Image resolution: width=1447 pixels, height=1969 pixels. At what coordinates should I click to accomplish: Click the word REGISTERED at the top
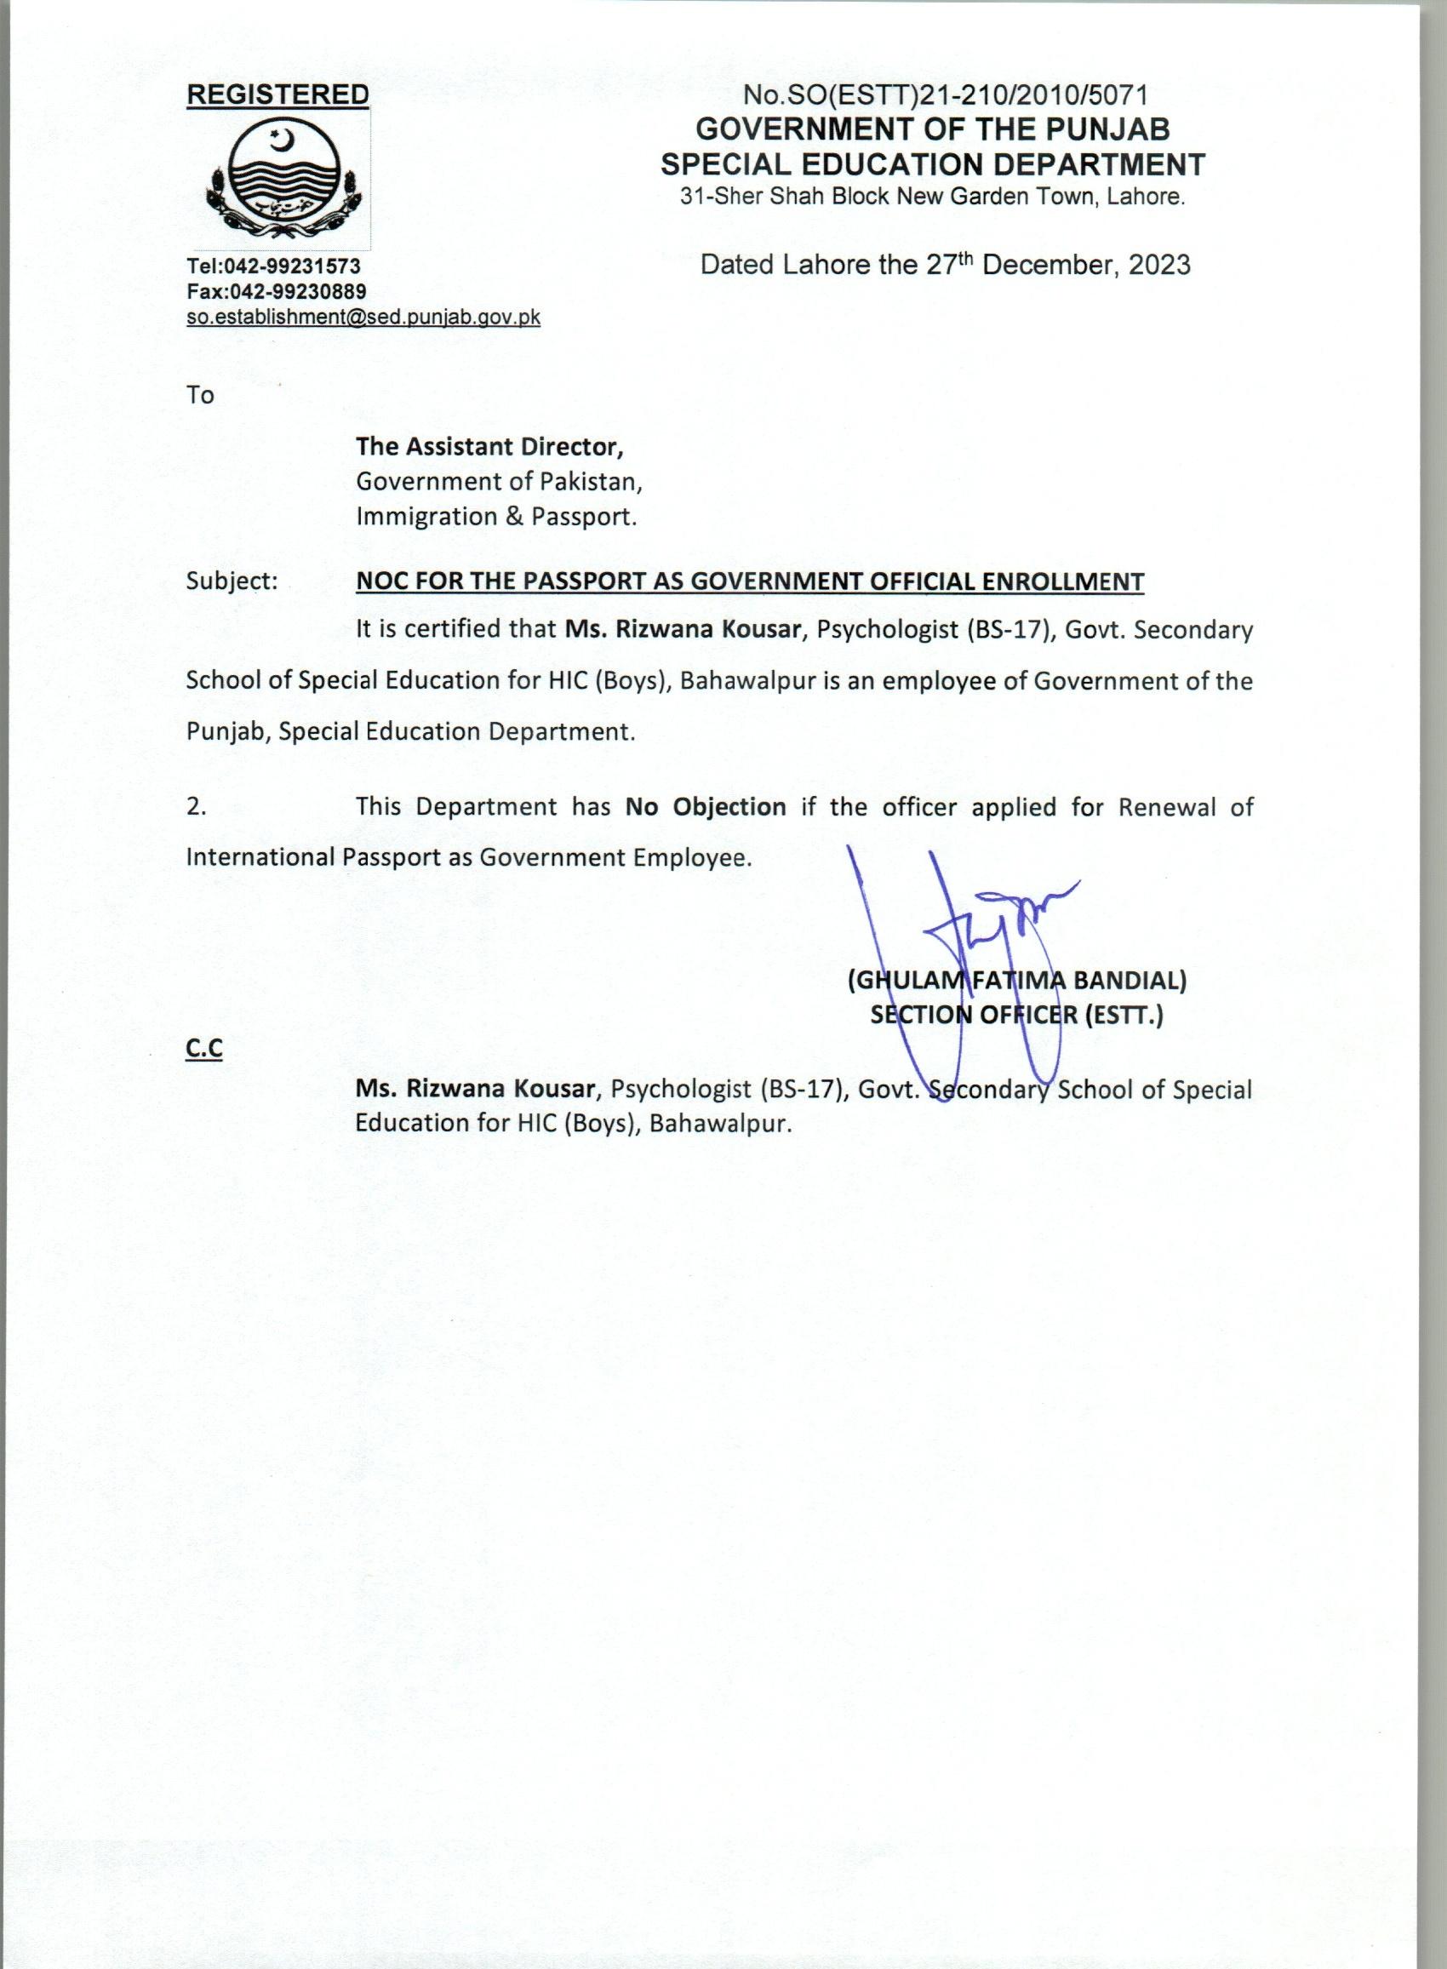click(277, 94)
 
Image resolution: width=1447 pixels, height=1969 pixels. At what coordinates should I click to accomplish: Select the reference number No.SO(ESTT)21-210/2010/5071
click(946, 94)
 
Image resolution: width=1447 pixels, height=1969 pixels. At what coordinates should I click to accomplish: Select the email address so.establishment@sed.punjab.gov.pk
click(363, 317)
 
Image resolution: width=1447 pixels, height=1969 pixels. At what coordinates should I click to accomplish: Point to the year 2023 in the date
click(1158, 265)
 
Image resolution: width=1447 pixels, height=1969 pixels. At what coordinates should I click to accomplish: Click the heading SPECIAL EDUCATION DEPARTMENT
click(933, 163)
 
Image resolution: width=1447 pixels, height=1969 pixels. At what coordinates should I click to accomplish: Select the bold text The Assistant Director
click(489, 447)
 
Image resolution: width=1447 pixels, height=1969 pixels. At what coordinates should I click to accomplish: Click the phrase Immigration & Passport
click(495, 517)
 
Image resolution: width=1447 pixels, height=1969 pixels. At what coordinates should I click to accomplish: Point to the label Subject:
click(232, 581)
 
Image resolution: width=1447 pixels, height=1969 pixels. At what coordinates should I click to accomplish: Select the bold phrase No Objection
click(705, 806)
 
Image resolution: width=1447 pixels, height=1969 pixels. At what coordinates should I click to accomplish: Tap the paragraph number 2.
click(197, 807)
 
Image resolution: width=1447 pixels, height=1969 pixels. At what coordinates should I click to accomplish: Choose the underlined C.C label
click(204, 1049)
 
